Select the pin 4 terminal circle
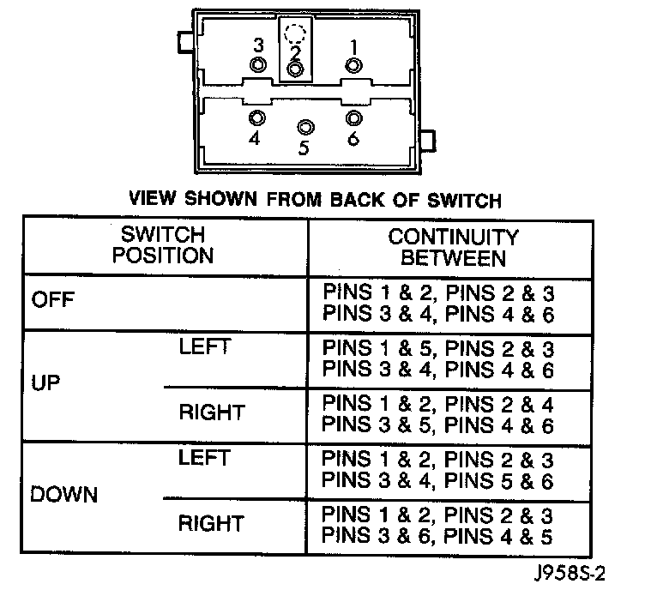(256, 117)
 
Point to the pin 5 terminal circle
(304, 128)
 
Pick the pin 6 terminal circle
(353, 117)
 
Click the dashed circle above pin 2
(295, 36)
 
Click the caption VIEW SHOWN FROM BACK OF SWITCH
(314, 201)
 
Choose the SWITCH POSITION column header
(166, 244)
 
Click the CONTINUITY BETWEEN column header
(453, 246)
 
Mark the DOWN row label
(64, 496)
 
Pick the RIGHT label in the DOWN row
(211, 523)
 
